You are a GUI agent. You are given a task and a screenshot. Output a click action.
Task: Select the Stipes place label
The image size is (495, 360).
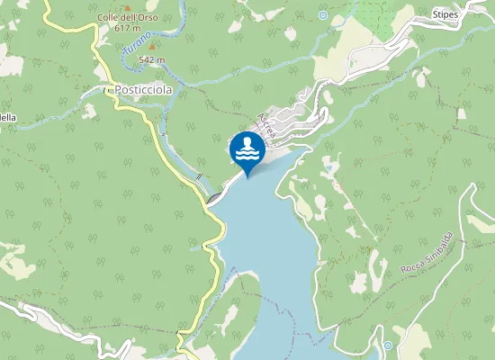(x=445, y=14)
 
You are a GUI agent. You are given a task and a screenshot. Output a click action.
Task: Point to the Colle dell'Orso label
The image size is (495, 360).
(x=127, y=18)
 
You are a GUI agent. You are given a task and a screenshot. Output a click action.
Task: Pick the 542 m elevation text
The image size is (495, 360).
(x=152, y=59)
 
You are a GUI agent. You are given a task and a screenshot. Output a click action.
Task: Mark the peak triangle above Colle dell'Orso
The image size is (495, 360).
(x=127, y=8)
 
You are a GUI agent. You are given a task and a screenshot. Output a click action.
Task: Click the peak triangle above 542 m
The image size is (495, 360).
(x=152, y=48)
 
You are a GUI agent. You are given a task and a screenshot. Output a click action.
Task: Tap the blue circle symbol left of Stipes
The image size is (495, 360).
(x=322, y=14)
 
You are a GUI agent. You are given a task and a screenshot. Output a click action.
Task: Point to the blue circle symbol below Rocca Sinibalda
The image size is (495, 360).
(x=387, y=346)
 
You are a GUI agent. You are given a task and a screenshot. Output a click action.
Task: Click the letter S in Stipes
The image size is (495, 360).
(x=435, y=14)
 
